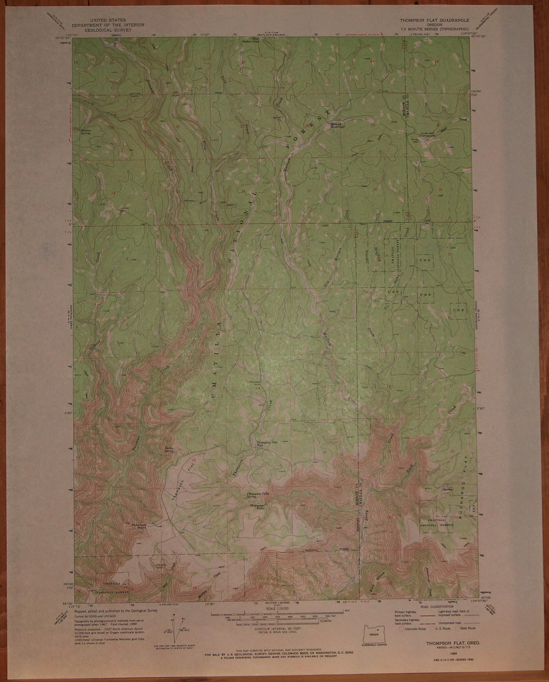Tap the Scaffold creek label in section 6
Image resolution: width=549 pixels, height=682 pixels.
(x=377, y=253)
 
